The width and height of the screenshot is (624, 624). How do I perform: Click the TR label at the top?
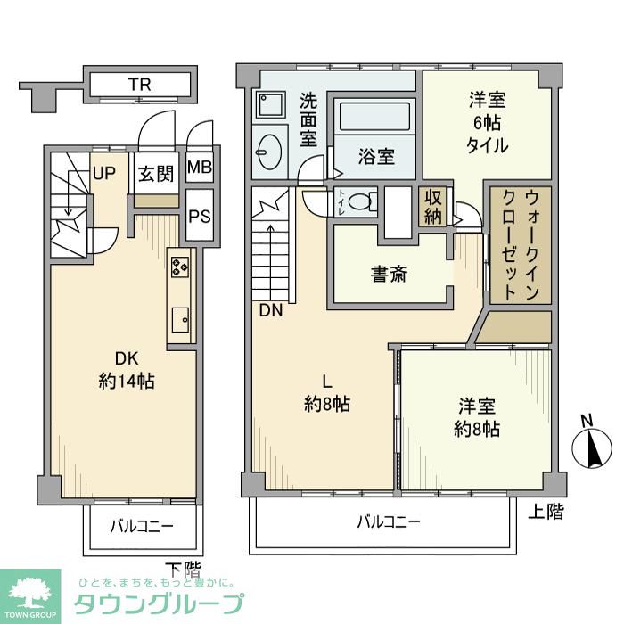click(138, 85)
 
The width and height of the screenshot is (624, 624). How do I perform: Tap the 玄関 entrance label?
click(155, 174)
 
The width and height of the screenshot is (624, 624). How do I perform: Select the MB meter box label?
click(200, 168)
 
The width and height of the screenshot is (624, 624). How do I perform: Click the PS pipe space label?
click(200, 215)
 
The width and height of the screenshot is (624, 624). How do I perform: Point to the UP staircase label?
click(104, 172)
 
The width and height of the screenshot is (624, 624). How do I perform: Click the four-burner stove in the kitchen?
click(180, 267)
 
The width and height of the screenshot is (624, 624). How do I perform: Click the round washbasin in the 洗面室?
click(267, 150)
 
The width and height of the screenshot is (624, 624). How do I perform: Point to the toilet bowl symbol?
click(358, 201)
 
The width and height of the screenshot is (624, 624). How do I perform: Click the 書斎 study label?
click(389, 275)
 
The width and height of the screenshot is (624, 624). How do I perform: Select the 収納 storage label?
click(434, 207)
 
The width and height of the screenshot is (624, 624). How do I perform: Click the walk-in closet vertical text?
click(518, 243)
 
